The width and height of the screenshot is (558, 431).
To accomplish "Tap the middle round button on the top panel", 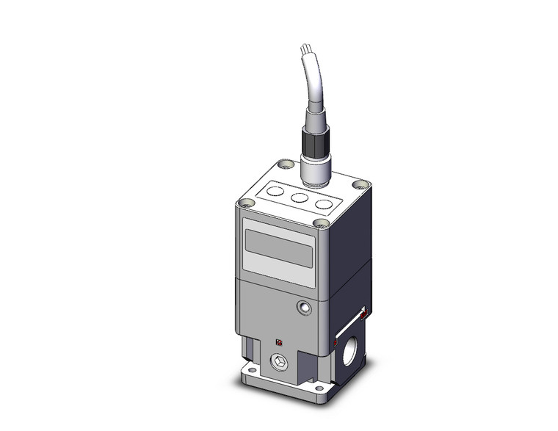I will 299,198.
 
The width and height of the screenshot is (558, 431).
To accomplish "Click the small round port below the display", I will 302,308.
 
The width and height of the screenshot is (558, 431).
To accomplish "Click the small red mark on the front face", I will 278,341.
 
